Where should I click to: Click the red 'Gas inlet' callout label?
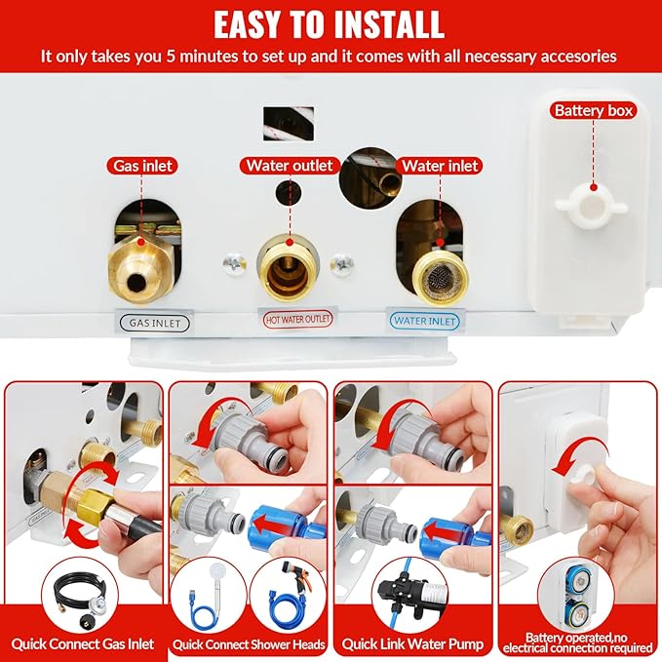click(x=142, y=166)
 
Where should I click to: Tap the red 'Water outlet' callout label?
click(x=290, y=165)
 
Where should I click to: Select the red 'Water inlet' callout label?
click(x=440, y=166)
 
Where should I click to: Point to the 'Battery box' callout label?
click(x=594, y=110)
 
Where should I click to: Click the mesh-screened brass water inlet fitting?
click(x=440, y=277)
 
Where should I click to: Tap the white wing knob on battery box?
click(x=591, y=208)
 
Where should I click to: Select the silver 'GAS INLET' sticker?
click(x=154, y=324)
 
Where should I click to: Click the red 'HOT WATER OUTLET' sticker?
click(x=297, y=319)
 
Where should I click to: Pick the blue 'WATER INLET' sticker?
click(x=425, y=321)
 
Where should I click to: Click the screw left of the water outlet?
click(x=234, y=264)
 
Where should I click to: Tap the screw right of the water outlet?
click(x=342, y=264)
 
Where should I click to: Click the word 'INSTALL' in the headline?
click(x=388, y=24)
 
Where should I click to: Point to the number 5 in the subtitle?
click(x=171, y=57)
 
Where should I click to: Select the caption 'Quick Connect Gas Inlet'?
click(x=82, y=644)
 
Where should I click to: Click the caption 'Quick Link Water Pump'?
click(x=412, y=644)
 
